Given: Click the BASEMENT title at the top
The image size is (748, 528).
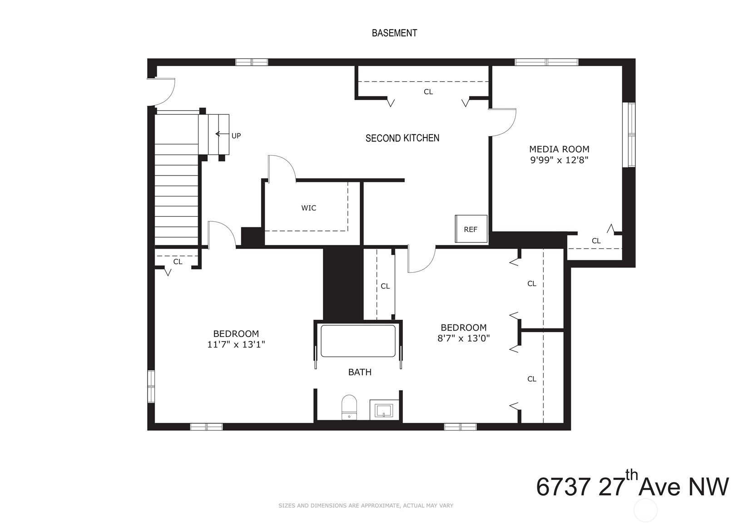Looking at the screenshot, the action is click(394, 33).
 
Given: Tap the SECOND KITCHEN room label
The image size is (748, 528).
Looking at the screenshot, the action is click(402, 138).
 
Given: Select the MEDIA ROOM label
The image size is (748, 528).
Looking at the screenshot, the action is click(560, 149).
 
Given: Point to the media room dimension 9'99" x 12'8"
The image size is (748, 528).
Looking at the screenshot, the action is click(560, 161).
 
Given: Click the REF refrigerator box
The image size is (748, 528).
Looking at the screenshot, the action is click(471, 229).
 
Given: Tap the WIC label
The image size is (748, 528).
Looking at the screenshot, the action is click(308, 208).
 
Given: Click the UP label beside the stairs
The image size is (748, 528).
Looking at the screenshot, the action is click(236, 136).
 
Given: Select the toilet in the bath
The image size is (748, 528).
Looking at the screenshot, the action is click(349, 407).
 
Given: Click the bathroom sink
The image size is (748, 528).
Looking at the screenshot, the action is click(384, 410).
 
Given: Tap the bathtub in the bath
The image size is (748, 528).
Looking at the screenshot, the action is click(358, 341).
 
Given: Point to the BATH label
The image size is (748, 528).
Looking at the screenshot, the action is click(360, 372).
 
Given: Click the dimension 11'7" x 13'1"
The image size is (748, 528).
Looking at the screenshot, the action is click(236, 345).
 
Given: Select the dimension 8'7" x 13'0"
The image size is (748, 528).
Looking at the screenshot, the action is click(464, 338).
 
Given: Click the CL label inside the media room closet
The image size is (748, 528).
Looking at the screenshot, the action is click(596, 240).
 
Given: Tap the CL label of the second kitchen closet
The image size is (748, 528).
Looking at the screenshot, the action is click(428, 92).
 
